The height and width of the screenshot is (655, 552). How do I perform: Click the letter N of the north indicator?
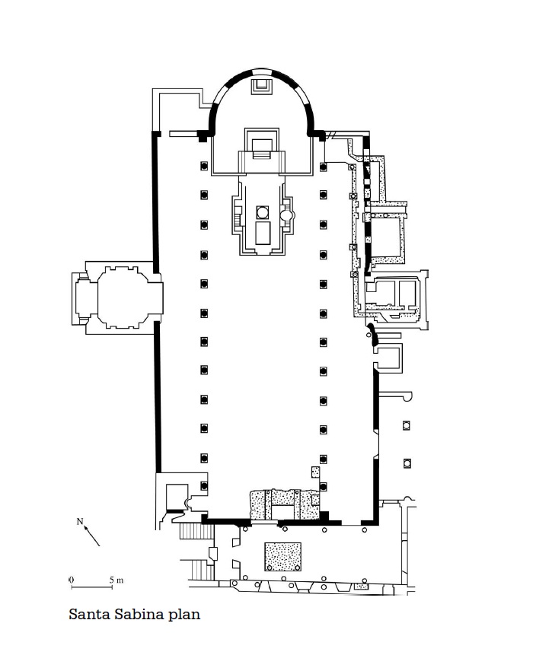pos(80,522)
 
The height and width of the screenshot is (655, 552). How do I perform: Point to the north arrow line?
pos(92,536)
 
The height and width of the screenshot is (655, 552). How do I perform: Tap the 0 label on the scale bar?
pos(71,580)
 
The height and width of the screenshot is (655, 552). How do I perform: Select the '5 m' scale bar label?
pos(116,580)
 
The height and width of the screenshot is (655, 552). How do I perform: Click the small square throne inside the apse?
pos(262,86)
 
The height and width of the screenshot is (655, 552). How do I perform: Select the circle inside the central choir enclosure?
pos(263,212)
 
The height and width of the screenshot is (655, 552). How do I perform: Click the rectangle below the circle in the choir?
pos(263,233)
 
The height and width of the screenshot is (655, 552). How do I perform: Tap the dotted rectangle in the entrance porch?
pos(282,557)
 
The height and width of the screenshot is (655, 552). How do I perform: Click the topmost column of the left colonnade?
pos(204,166)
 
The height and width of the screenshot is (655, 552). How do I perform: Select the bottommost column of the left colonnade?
pos(204,486)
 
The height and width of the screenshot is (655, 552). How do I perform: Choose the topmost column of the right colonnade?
pos(324,167)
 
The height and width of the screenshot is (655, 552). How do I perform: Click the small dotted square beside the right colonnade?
pos(315,472)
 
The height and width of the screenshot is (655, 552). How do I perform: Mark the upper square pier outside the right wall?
pos(406,426)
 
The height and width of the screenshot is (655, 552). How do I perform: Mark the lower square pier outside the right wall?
pos(407,463)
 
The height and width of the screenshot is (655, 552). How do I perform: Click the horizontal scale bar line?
pos(91,587)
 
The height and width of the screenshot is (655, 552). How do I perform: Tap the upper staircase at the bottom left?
pos(196,531)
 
